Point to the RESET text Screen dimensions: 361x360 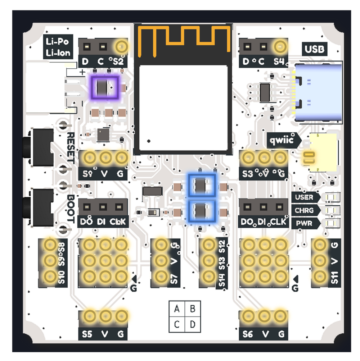[71, 148]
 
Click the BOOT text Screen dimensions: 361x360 [71, 209]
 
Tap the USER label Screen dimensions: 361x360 [304, 197]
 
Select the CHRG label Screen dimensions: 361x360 [304, 210]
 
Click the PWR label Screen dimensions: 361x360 [303, 223]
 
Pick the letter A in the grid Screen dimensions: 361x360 [177, 309]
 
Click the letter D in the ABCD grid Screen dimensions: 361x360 [193, 324]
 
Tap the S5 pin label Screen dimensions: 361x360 [87, 334]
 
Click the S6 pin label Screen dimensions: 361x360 [248, 334]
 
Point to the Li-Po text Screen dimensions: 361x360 [57, 42]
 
